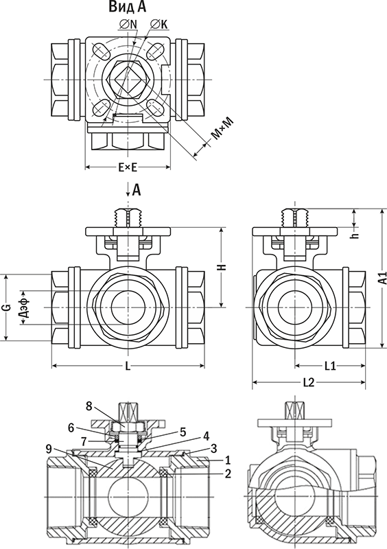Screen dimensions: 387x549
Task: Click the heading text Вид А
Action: (x=127, y=8)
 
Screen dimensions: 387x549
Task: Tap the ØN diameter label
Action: (x=128, y=24)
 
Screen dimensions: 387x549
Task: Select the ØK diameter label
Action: (x=159, y=24)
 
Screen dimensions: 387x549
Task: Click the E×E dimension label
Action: (x=128, y=168)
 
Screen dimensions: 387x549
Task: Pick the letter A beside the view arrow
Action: (x=137, y=190)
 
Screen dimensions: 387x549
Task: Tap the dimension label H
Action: (x=223, y=267)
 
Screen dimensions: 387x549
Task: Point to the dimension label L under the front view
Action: (x=128, y=366)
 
